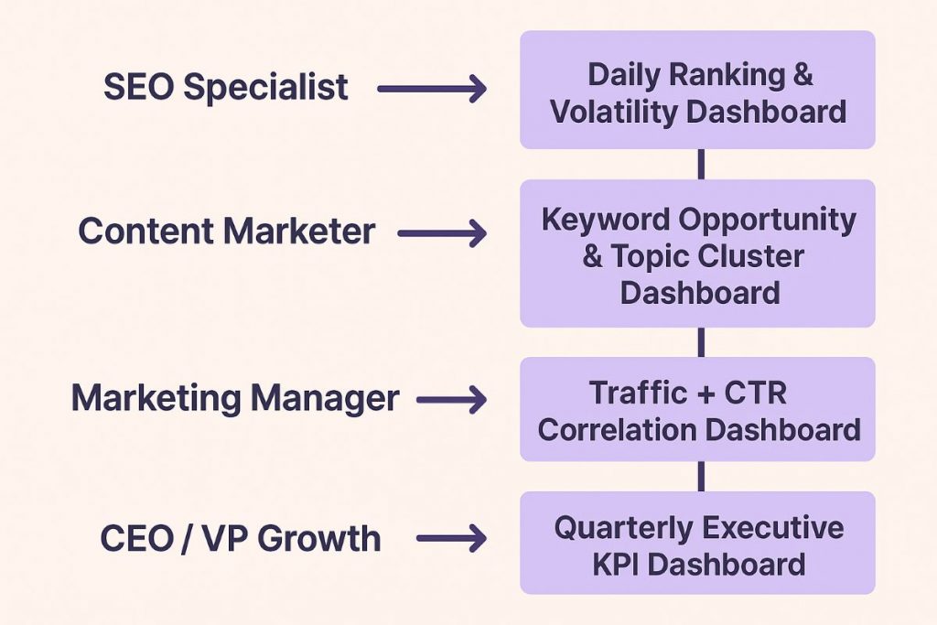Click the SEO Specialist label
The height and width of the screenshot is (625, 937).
coord(225,88)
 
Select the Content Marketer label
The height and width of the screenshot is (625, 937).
coord(226,232)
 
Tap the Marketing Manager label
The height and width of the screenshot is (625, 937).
coord(235,399)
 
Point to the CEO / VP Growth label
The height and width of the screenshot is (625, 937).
coord(240,538)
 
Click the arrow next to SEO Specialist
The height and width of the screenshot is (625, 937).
coord(431,90)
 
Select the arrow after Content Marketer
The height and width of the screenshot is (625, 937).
coord(442,234)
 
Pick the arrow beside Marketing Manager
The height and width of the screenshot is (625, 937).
coord(451,400)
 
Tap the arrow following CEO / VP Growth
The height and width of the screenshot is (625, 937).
coord(451,539)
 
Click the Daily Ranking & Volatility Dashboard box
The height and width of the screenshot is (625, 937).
coord(697,91)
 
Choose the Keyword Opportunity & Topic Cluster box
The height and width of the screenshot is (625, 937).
coord(697,254)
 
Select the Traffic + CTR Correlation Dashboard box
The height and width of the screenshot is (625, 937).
coord(697,410)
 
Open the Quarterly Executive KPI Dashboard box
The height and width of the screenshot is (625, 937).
coord(697,544)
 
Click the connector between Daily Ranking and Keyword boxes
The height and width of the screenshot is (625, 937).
coord(701,165)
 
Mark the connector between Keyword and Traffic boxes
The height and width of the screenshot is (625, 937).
coord(701,342)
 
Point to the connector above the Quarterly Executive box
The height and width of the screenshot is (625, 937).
coord(701,476)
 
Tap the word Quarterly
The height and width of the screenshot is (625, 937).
coord(622,528)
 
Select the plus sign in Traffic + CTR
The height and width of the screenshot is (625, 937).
coord(705,394)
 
